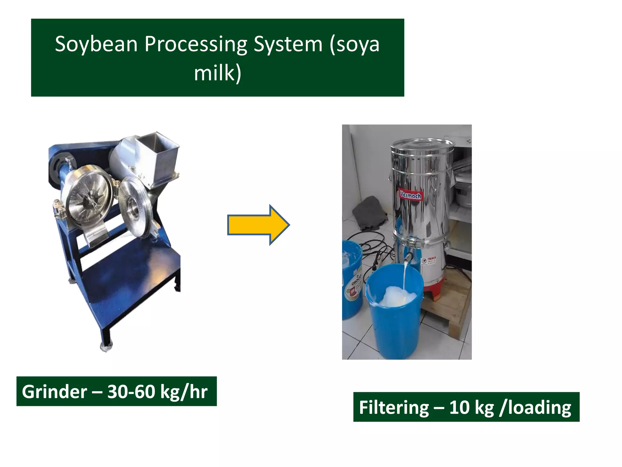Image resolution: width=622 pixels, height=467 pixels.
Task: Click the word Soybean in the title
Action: coord(96,44)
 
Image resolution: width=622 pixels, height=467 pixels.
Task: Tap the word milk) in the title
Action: coord(217,73)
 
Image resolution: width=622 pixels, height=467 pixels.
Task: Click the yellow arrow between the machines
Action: coord(258,225)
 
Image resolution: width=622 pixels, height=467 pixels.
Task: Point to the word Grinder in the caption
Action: coord(54,392)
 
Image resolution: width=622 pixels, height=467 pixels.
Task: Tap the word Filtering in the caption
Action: coord(394,407)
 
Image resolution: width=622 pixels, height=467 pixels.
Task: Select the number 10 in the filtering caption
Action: coord(459,407)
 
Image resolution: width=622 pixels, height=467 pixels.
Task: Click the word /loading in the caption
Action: coord(535,407)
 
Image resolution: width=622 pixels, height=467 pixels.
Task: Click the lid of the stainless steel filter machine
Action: coord(422,145)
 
